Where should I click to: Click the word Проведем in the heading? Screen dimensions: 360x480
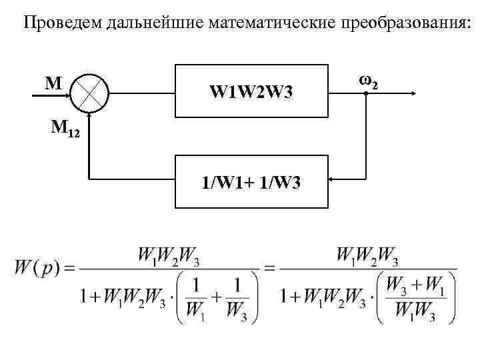coord(57,25)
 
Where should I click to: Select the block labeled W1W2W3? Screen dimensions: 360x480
coord(251,92)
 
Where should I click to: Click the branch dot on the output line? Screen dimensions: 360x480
coord(367,95)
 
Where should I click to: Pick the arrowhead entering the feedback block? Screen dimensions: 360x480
coord(333,179)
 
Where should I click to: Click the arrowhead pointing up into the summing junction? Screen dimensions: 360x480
coord(88,118)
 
